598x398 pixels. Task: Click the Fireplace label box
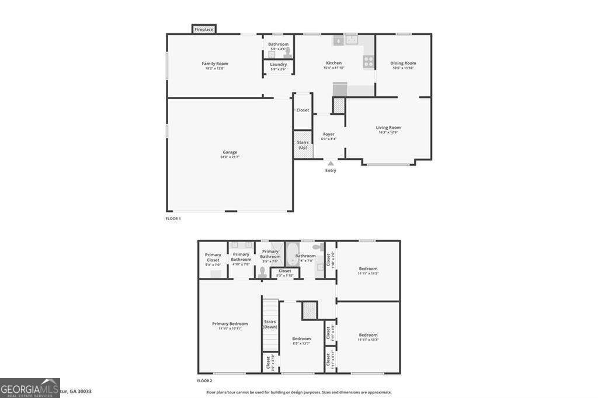[x=204, y=29]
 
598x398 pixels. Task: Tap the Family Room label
[x=215, y=64]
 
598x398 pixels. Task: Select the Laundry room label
[x=278, y=64]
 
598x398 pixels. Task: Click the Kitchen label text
[x=333, y=63]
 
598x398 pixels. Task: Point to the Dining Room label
[x=403, y=63]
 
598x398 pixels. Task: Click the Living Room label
[x=388, y=128]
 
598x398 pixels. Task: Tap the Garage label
[x=230, y=152]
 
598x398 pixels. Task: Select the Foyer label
[x=329, y=135]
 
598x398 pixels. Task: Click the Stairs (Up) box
[x=303, y=144]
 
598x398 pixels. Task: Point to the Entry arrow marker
[x=331, y=163]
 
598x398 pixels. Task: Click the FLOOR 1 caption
[x=173, y=218]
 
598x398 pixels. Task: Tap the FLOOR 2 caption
[x=204, y=380]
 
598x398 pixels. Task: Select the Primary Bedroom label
[x=230, y=324]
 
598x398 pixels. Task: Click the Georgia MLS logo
[x=30, y=387]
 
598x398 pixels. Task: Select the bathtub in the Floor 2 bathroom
[x=292, y=255]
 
